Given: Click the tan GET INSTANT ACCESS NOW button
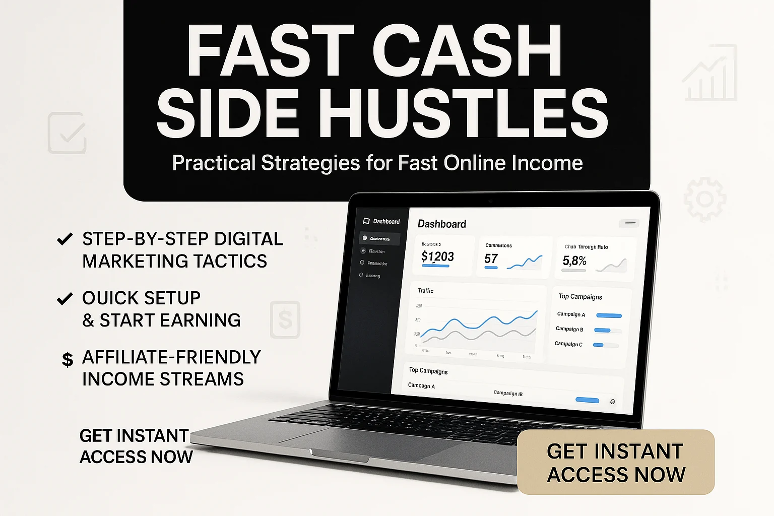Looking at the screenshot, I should (x=616, y=462).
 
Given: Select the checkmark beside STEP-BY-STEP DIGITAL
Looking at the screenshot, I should (x=64, y=238).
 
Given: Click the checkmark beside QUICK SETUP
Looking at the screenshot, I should (x=64, y=299).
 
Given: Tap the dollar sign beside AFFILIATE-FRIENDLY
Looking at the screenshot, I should (x=68, y=359).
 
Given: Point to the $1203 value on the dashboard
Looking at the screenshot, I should (x=437, y=257).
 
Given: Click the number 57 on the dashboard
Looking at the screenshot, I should (x=491, y=259).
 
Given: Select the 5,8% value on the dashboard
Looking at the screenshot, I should (x=574, y=261).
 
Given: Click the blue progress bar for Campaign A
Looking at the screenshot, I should (x=609, y=316).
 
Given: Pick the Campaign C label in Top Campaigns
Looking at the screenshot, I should (x=568, y=344).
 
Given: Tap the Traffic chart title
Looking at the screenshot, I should (x=425, y=291).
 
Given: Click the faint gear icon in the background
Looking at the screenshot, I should (x=705, y=200).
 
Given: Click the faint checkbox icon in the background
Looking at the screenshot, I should (x=67, y=134).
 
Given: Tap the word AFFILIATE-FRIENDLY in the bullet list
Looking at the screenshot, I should (x=171, y=357).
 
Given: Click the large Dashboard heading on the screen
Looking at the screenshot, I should (x=442, y=224).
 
